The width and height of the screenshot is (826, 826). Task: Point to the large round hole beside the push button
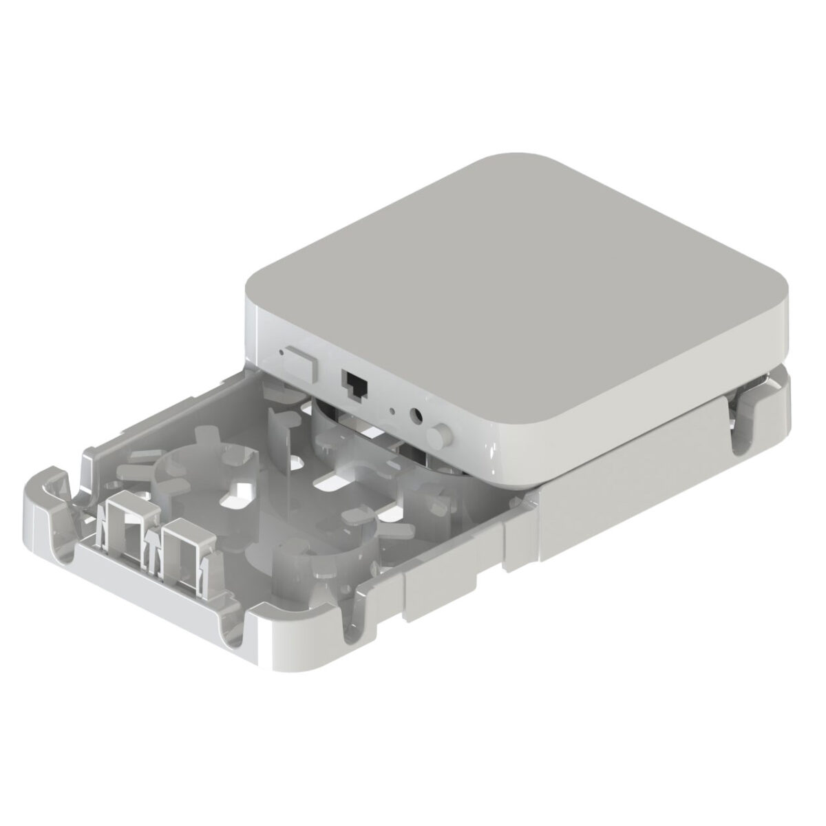(416, 416)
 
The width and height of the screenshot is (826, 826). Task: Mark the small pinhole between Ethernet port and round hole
(392, 412)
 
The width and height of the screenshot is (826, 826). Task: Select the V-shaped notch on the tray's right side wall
(358, 606)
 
